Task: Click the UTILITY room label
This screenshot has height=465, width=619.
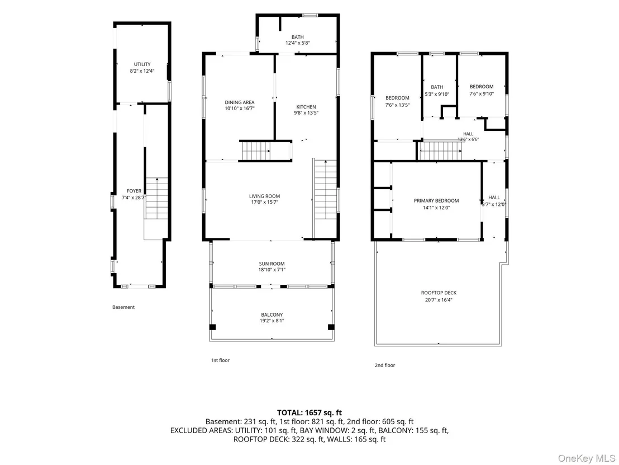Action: coord(142,64)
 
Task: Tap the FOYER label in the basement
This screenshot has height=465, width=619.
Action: coord(134,191)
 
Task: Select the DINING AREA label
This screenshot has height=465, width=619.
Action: coord(240,102)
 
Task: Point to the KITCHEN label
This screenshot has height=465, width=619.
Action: coord(306,107)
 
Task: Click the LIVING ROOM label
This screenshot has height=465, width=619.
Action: coord(264,196)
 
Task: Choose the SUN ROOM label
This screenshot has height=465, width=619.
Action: coord(272,264)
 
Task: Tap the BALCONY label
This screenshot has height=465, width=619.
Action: coord(272,314)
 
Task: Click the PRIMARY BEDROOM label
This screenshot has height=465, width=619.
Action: coord(436,201)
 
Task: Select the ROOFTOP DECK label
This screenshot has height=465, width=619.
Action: coord(439,293)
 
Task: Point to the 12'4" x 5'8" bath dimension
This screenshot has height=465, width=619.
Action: coord(298,43)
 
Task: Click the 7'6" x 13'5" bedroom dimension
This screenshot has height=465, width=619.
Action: coord(398,105)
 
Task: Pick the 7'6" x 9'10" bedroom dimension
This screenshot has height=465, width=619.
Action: coord(482,93)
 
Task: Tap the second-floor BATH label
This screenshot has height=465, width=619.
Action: coord(437,87)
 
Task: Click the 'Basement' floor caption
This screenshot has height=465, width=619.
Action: coord(123,307)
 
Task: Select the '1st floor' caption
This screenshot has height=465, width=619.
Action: coord(220,360)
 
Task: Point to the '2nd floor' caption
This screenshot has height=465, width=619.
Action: coord(385,365)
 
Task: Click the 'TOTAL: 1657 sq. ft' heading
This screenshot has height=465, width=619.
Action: coord(309,413)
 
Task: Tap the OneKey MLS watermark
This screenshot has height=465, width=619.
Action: coord(586,458)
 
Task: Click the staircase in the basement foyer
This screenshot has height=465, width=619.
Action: coord(157,199)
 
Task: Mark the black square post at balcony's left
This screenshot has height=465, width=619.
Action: coord(212,327)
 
